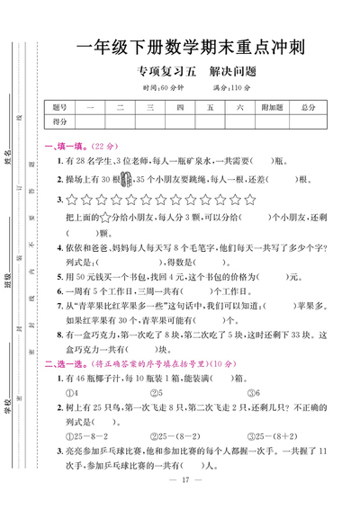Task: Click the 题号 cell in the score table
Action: point(60,107)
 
